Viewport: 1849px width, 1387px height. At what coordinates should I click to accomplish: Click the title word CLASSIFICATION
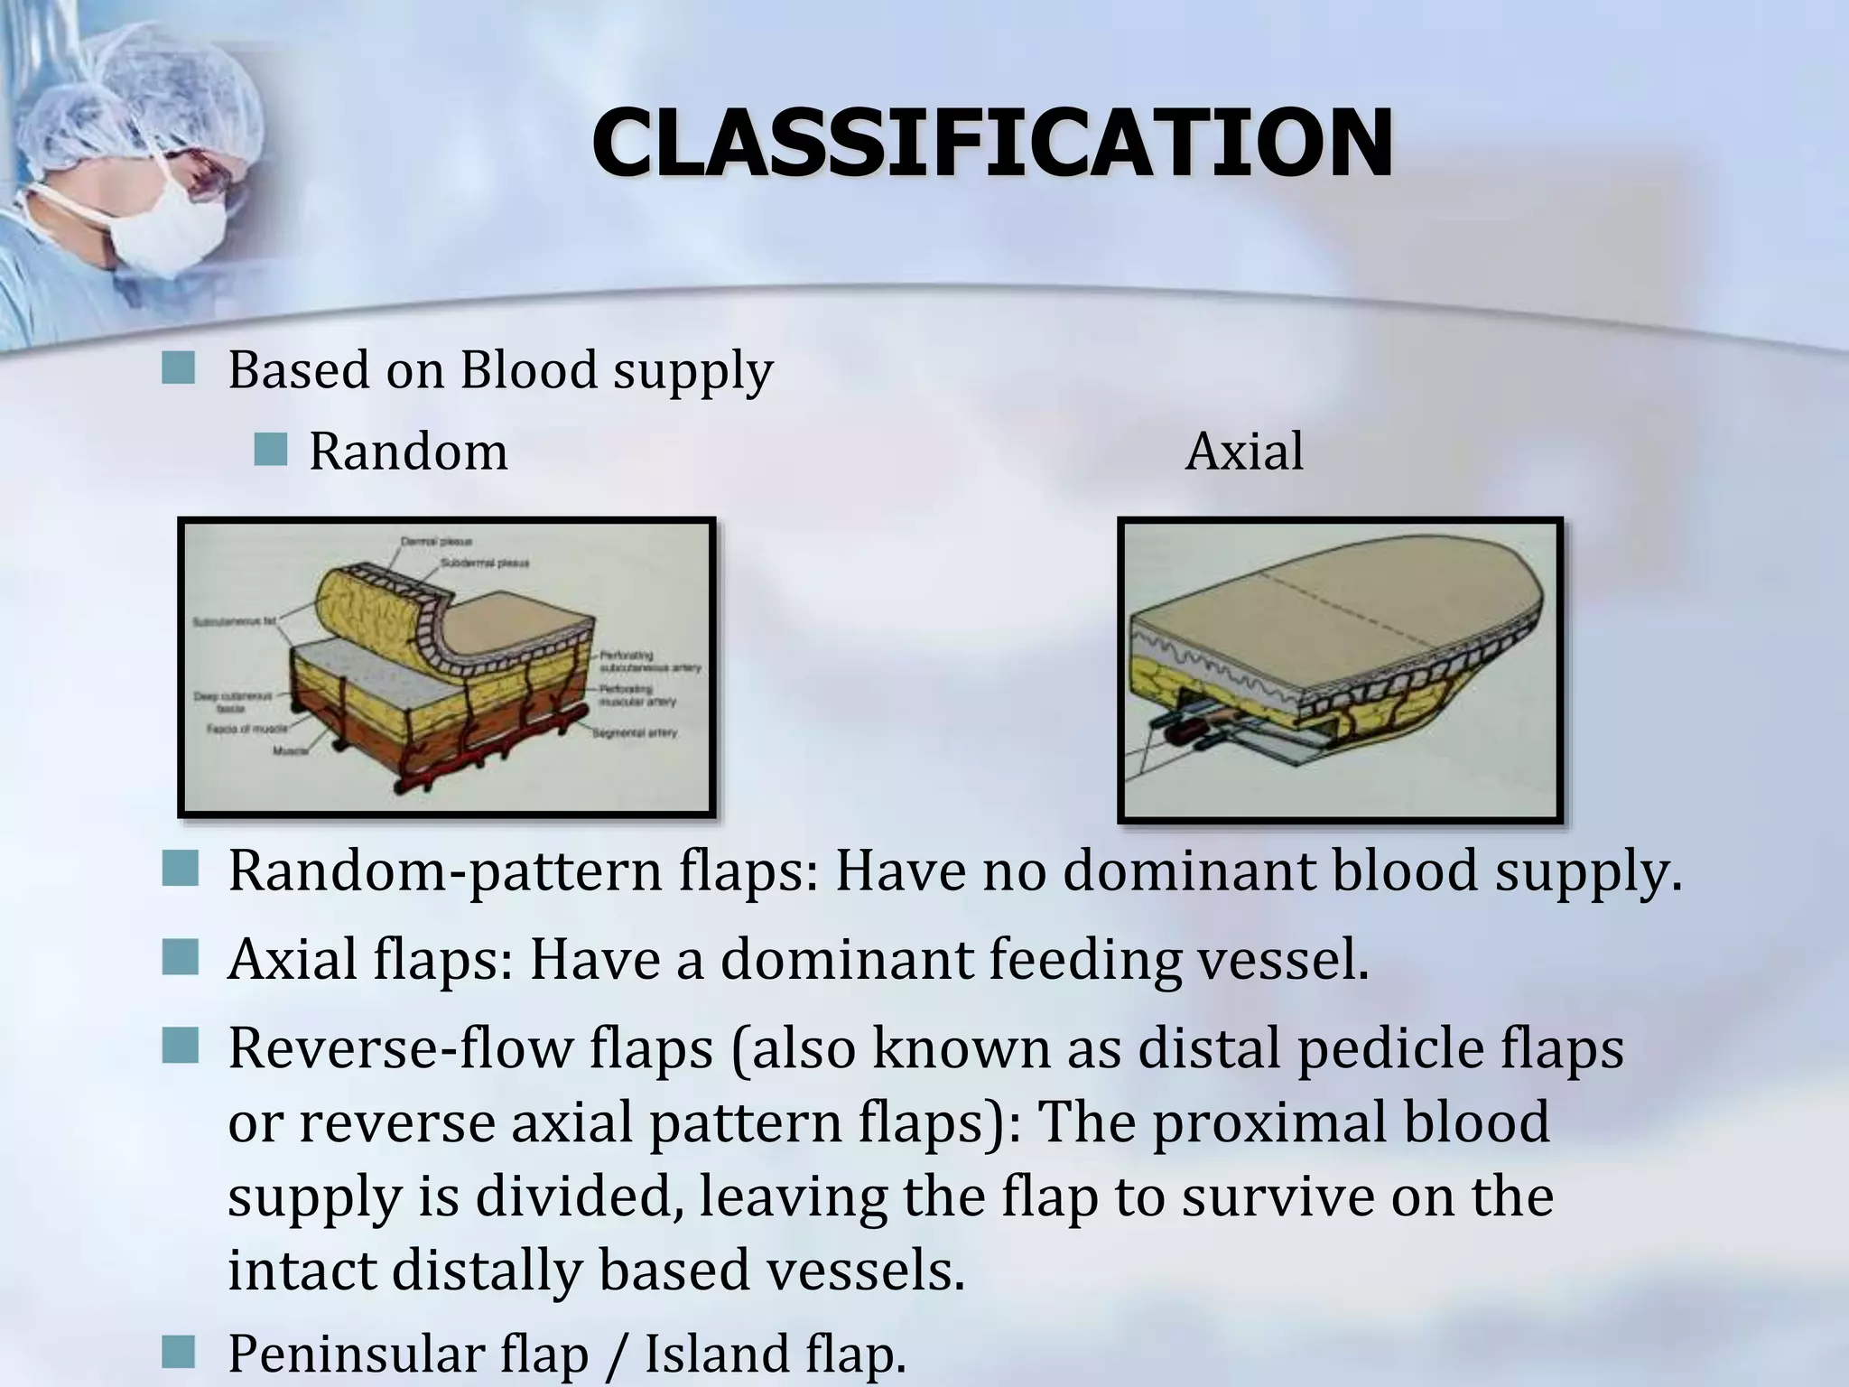click(x=991, y=144)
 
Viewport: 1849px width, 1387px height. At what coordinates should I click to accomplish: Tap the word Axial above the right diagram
click(x=1244, y=451)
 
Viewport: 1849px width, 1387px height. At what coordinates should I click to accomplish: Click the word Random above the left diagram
click(x=408, y=451)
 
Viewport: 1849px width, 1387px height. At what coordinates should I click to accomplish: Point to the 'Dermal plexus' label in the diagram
click(x=437, y=542)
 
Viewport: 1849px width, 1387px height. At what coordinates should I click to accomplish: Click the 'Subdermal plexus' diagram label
click(x=485, y=563)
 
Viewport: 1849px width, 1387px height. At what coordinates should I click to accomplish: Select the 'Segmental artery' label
click(x=634, y=732)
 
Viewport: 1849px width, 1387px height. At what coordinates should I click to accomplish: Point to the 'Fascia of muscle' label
click(x=247, y=729)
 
